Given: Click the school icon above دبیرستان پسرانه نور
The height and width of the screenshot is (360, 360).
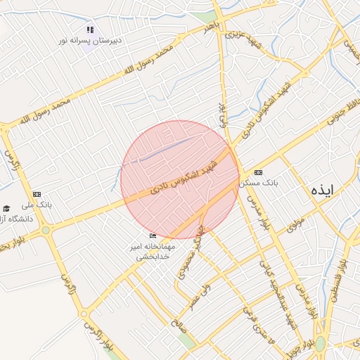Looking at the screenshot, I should [89, 30].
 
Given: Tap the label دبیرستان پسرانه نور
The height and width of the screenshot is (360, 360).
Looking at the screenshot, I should [90, 41].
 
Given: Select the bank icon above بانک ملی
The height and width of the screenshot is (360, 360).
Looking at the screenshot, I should [37, 194].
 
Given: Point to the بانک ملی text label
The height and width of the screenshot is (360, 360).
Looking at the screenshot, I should [37, 205].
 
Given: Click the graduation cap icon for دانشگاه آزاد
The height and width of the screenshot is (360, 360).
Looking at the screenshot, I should [6, 208].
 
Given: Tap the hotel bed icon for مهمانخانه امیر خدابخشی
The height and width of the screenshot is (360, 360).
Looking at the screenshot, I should [153, 236].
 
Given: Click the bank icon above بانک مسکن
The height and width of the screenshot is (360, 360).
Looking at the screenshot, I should [258, 172].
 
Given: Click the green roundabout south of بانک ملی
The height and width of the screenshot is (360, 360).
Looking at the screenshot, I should [46, 230].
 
